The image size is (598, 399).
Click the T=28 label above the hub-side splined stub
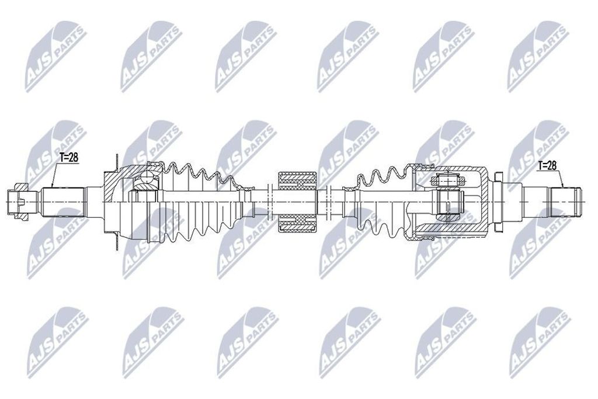[69, 158]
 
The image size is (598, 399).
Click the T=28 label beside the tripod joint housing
[547, 165]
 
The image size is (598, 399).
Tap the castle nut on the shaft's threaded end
[18, 202]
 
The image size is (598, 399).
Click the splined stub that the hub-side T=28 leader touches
[63, 202]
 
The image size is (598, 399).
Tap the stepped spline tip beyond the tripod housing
[565, 202]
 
